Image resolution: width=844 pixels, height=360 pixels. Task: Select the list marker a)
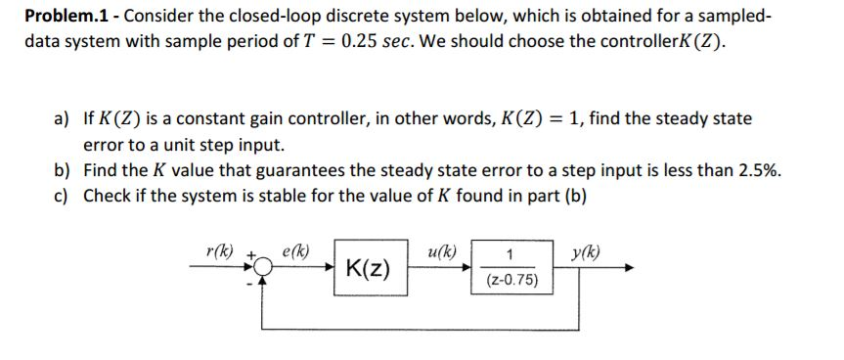(x=63, y=119)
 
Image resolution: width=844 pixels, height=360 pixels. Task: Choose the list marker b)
(x=63, y=168)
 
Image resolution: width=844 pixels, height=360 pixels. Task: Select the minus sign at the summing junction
(x=250, y=284)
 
